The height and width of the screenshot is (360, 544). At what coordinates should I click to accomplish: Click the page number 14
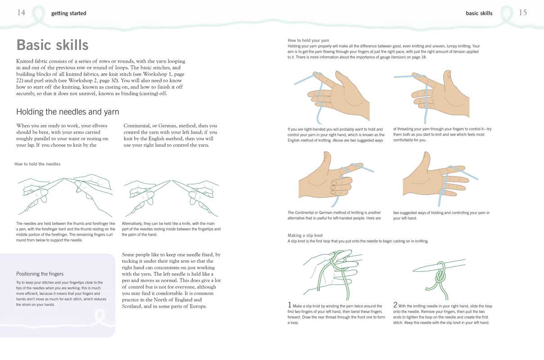21,13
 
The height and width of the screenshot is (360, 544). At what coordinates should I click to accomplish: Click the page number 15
522,13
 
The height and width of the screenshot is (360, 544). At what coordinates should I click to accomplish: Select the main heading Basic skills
52,45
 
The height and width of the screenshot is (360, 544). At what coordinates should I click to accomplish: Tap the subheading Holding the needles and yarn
67,112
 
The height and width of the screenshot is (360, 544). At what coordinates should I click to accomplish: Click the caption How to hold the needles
37,164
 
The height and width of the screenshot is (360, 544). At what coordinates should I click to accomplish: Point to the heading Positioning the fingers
40,274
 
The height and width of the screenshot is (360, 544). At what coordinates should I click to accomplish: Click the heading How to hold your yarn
308,40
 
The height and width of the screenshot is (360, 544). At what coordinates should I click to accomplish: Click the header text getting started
68,13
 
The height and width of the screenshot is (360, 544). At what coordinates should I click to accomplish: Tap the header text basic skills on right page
479,13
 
